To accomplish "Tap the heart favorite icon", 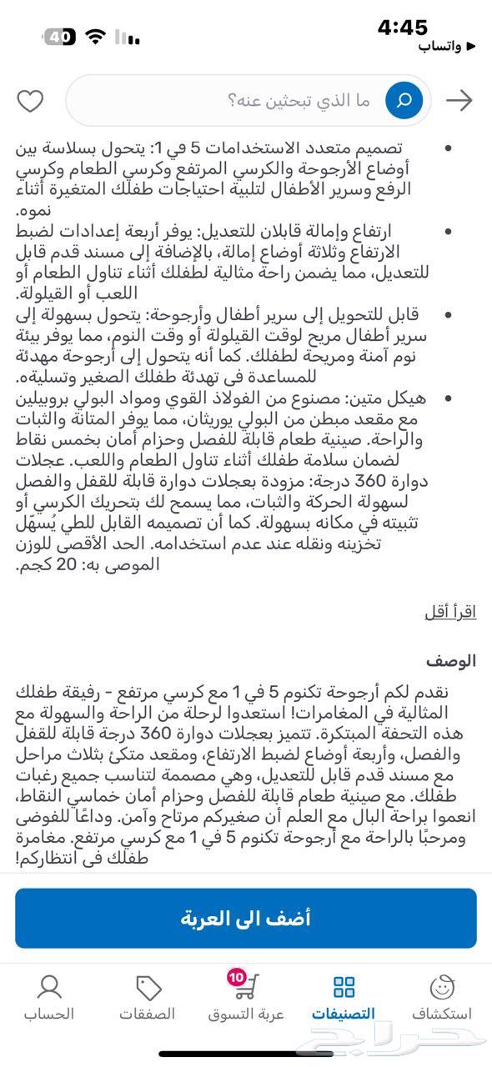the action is click(x=31, y=101).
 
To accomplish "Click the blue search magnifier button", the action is click(x=404, y=101).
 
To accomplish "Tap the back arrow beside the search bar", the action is click(x=459, y=101).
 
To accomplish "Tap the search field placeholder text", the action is click(x=299, y=101).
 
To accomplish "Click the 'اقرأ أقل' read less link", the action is click(x=450, y=611).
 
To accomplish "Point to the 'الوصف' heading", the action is click(x=451, y=661).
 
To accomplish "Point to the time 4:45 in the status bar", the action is click(x=403, y=28).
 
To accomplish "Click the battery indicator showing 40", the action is click(x=58, y=37).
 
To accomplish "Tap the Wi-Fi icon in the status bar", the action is click(x=97, y=37).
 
